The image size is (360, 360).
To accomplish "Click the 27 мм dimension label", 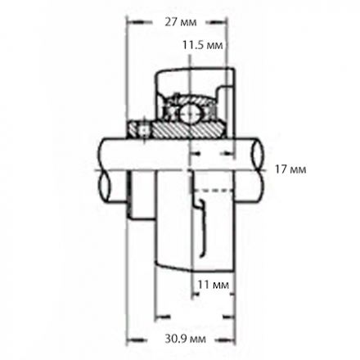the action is pyautogui.click(x=181, y=22).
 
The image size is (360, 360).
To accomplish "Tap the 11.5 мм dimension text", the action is pyautogui.click(x=203, y=45).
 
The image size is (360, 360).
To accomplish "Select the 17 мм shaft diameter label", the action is pyautogui.click(x=290, y=169).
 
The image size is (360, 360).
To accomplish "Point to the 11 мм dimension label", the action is pyautogui.click(x=213, y=285).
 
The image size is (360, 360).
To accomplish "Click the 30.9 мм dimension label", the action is pyautogui.click(x=186, y=339).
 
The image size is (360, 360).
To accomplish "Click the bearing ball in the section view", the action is pyautogui.click(x=190, y=114).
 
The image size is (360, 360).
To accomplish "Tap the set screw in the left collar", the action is pyautogui.click(x=143, y=129).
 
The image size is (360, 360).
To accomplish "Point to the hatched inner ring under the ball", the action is pyautogui.click(x=189, y=130).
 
